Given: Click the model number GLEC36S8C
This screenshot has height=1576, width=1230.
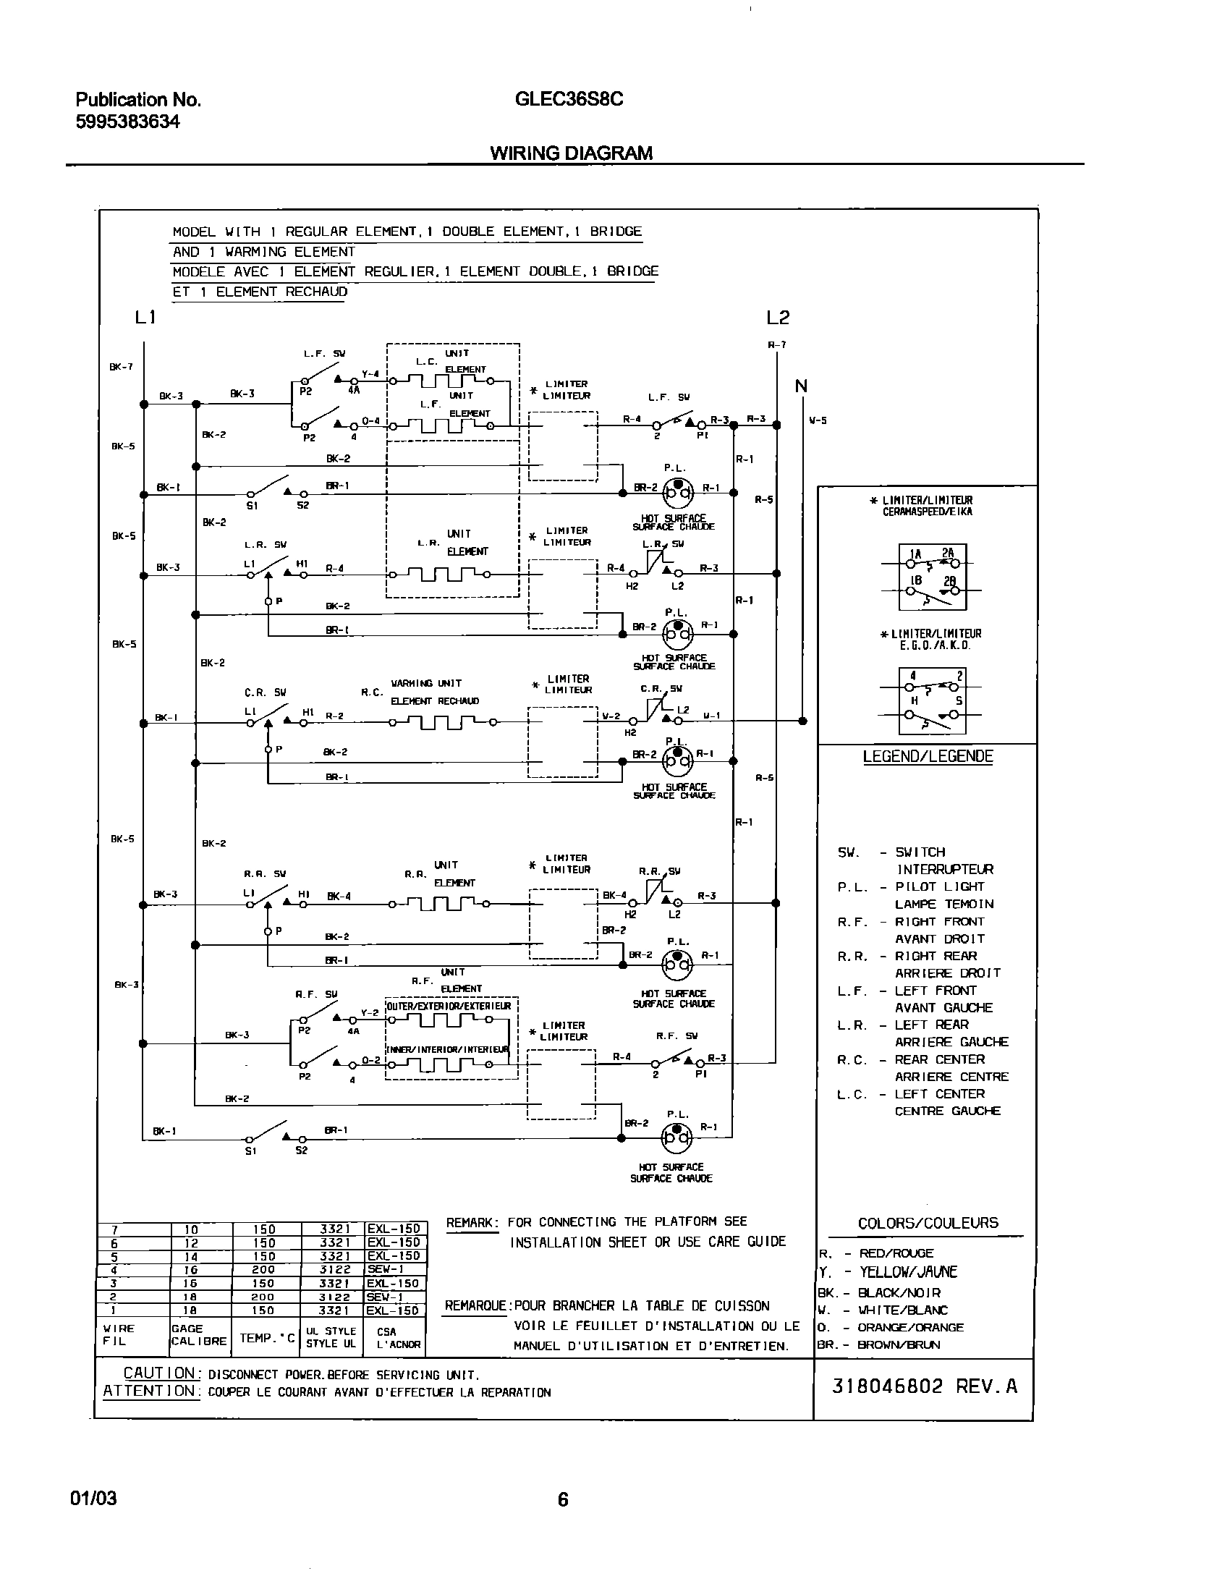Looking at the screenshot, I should [x=569, y=99].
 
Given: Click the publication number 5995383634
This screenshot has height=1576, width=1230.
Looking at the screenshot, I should [x=127, y=122].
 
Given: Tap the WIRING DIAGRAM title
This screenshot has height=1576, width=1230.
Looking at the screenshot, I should [x=571, y=153].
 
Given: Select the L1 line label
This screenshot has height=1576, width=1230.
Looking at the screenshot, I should [x=145, y=317].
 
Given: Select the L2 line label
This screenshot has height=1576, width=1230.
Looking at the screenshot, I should [x=778, y=317].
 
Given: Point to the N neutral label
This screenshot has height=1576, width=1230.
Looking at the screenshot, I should [x=801, y=386].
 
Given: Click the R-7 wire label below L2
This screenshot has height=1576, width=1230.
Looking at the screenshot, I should [x=776, y=345].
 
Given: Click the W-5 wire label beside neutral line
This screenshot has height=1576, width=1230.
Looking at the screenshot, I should [x=818, y=420].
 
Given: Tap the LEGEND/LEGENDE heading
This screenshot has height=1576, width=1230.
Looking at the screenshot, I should [x=928, y=757].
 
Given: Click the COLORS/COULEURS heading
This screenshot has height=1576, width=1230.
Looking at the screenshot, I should [x=928, y=1224].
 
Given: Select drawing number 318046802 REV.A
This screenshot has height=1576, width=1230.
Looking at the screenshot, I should [x=924, y=1386].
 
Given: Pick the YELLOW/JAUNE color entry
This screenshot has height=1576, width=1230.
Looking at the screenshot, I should [x=907, y=1272].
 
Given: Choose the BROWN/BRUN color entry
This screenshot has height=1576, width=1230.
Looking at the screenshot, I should [x=898, y=1345].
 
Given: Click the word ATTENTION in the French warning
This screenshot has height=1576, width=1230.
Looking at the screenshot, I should [x=149, y=1391].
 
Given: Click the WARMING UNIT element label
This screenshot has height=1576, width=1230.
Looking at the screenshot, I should [x=426, y=683].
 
